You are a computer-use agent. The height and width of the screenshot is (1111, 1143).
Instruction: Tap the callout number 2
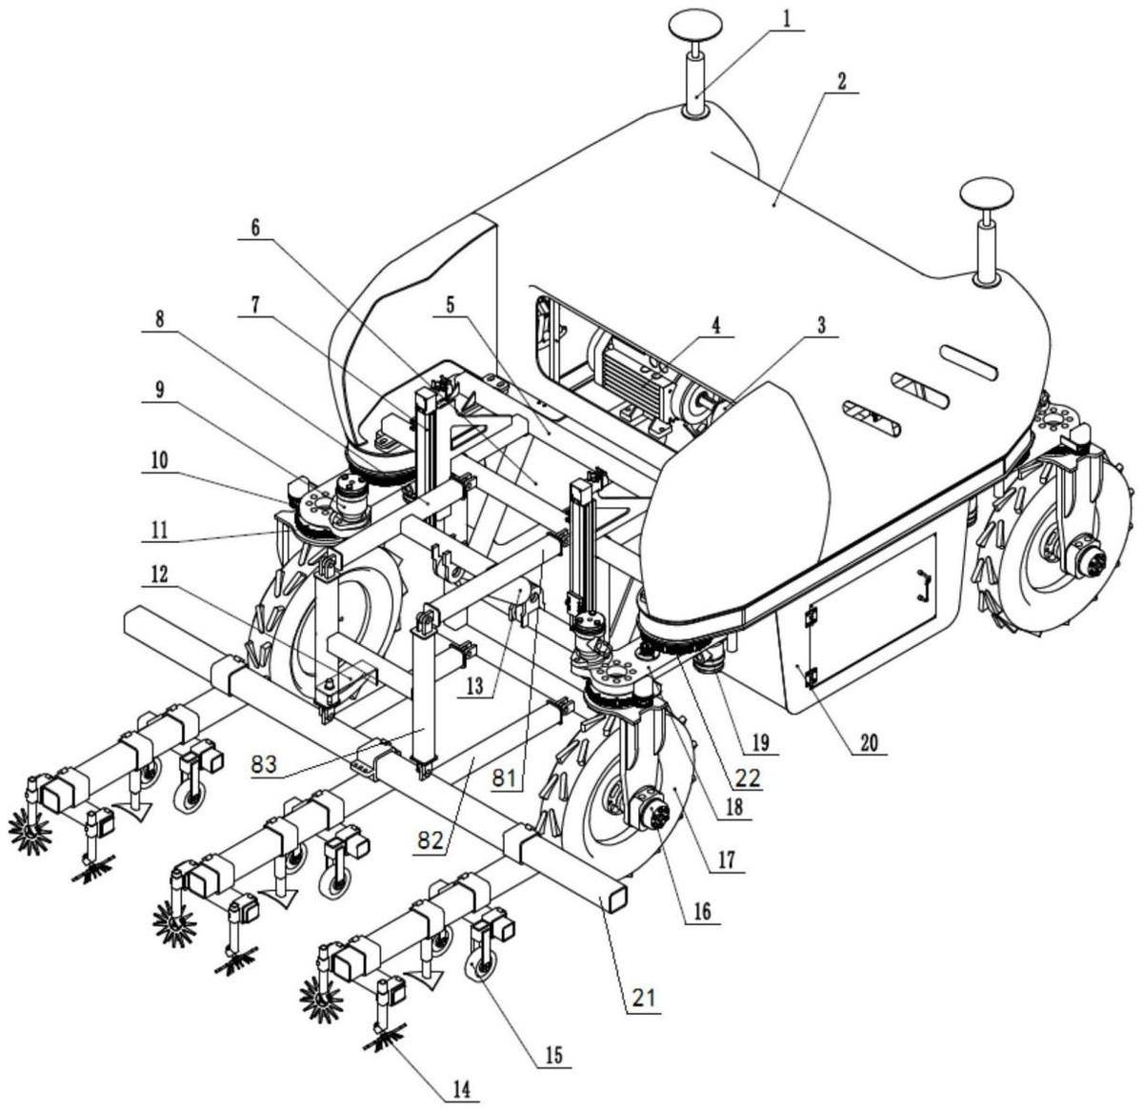842,82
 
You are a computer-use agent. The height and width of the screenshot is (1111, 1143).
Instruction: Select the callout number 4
716,326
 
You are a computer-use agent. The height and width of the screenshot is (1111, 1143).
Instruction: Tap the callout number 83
264,765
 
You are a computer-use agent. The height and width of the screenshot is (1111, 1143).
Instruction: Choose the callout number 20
870,743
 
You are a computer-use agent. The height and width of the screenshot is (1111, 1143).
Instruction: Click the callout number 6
255,228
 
